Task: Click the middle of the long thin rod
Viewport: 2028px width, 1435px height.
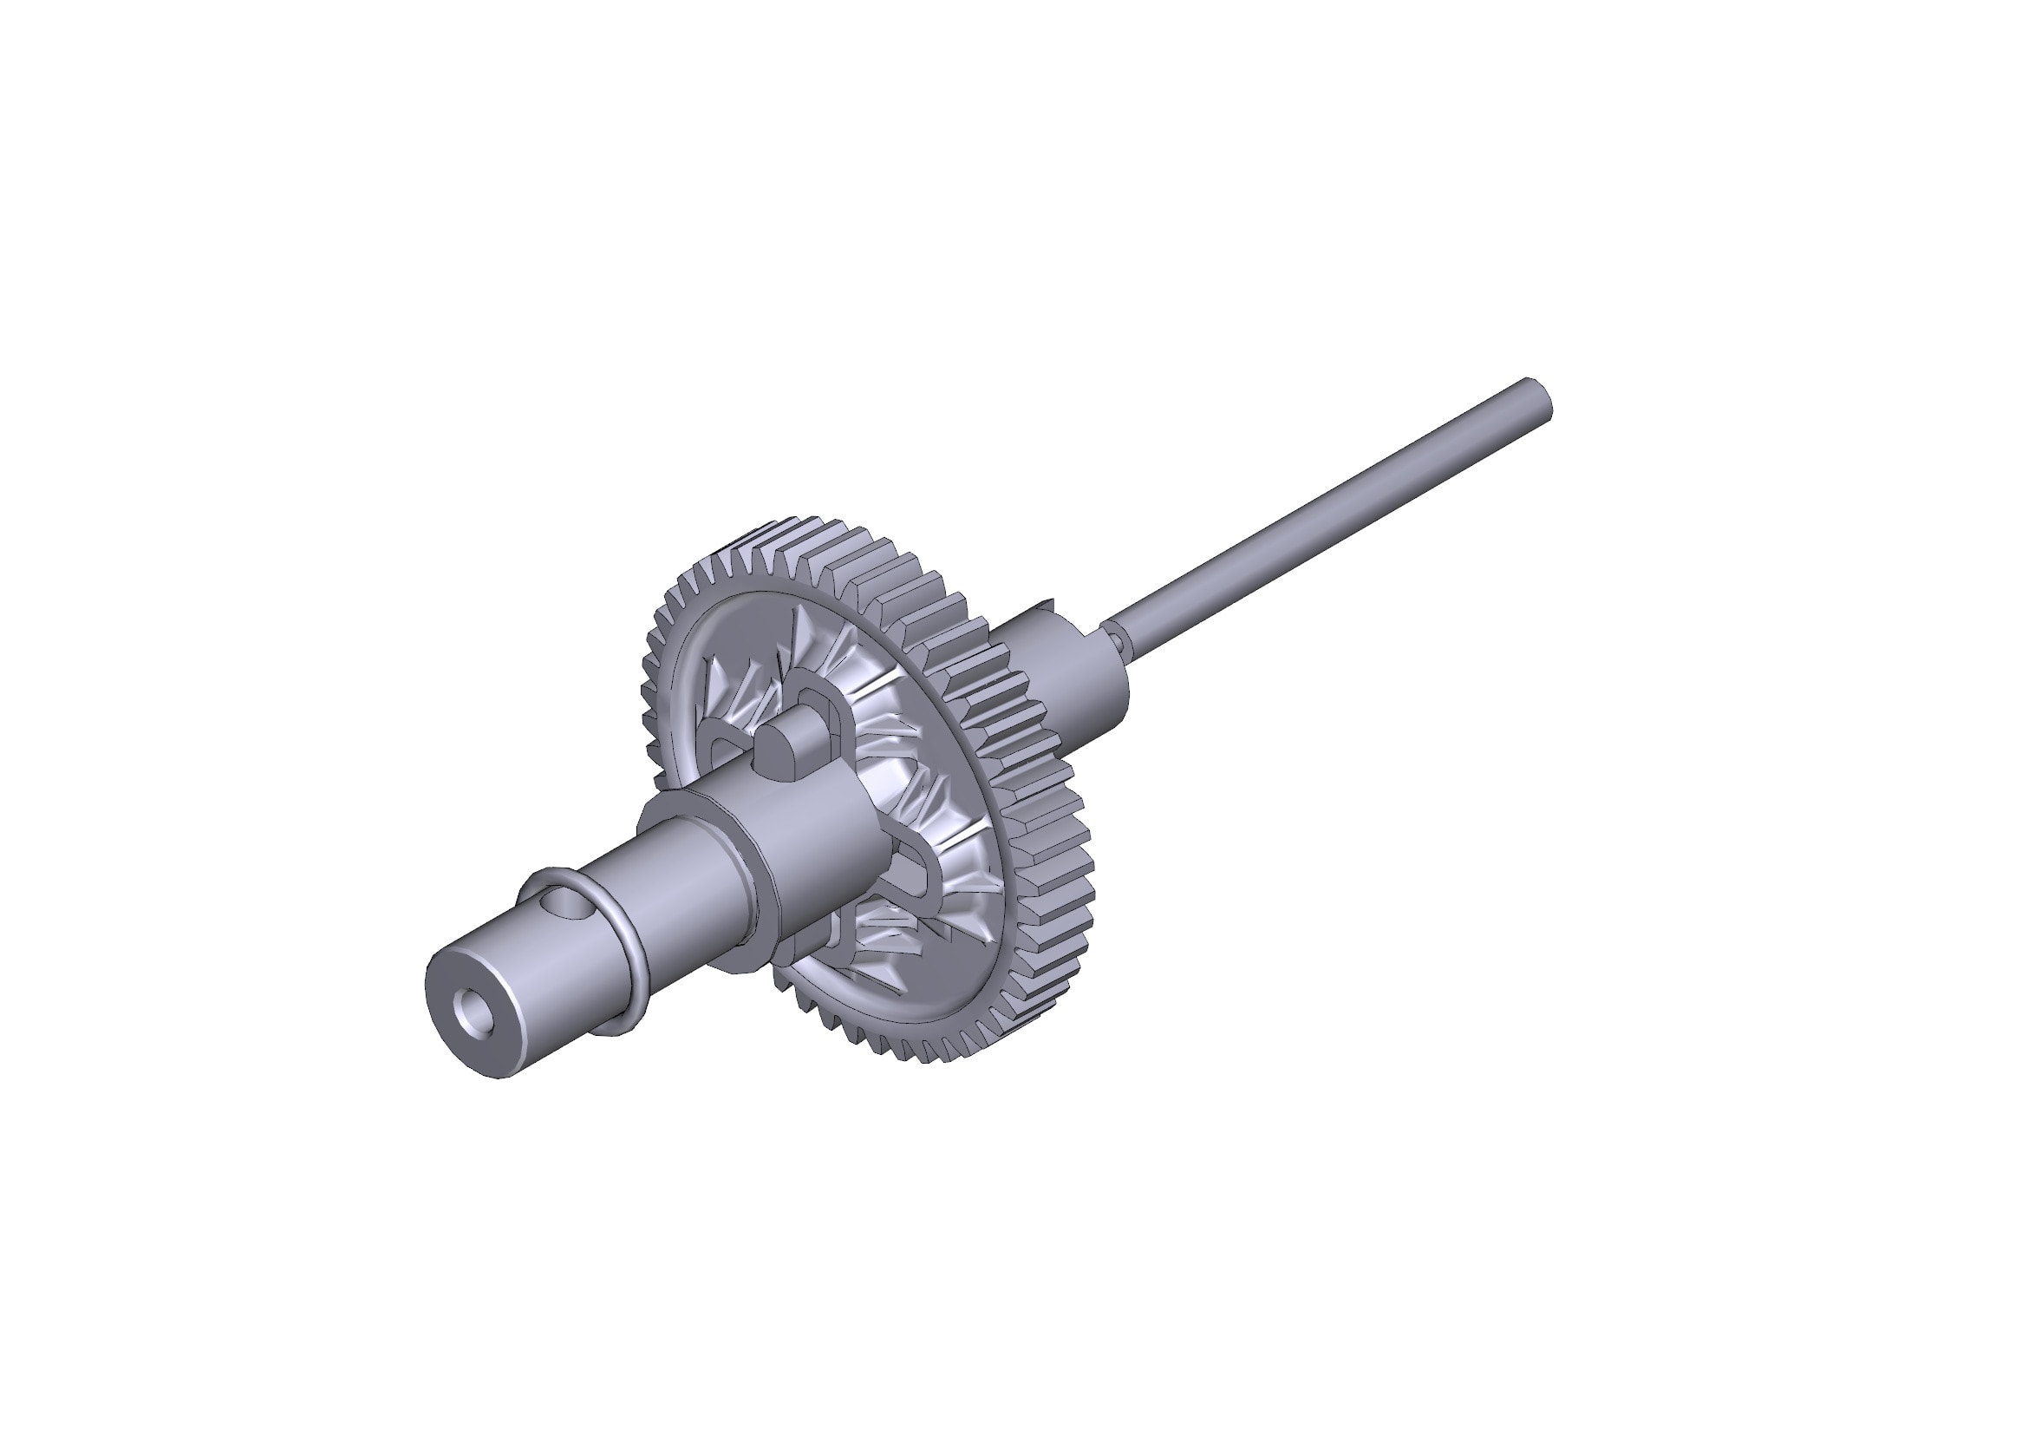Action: coord(1325,521)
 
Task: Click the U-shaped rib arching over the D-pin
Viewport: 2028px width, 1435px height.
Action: coord(826,698)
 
